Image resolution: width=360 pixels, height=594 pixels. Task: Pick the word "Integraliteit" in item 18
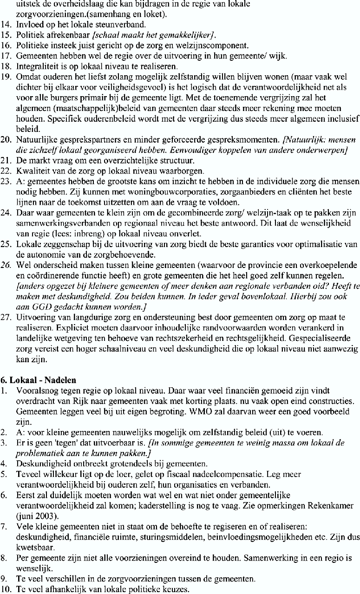click(x=37, y=66)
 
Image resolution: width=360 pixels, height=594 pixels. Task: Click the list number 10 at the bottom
click(x=7, y=589)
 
